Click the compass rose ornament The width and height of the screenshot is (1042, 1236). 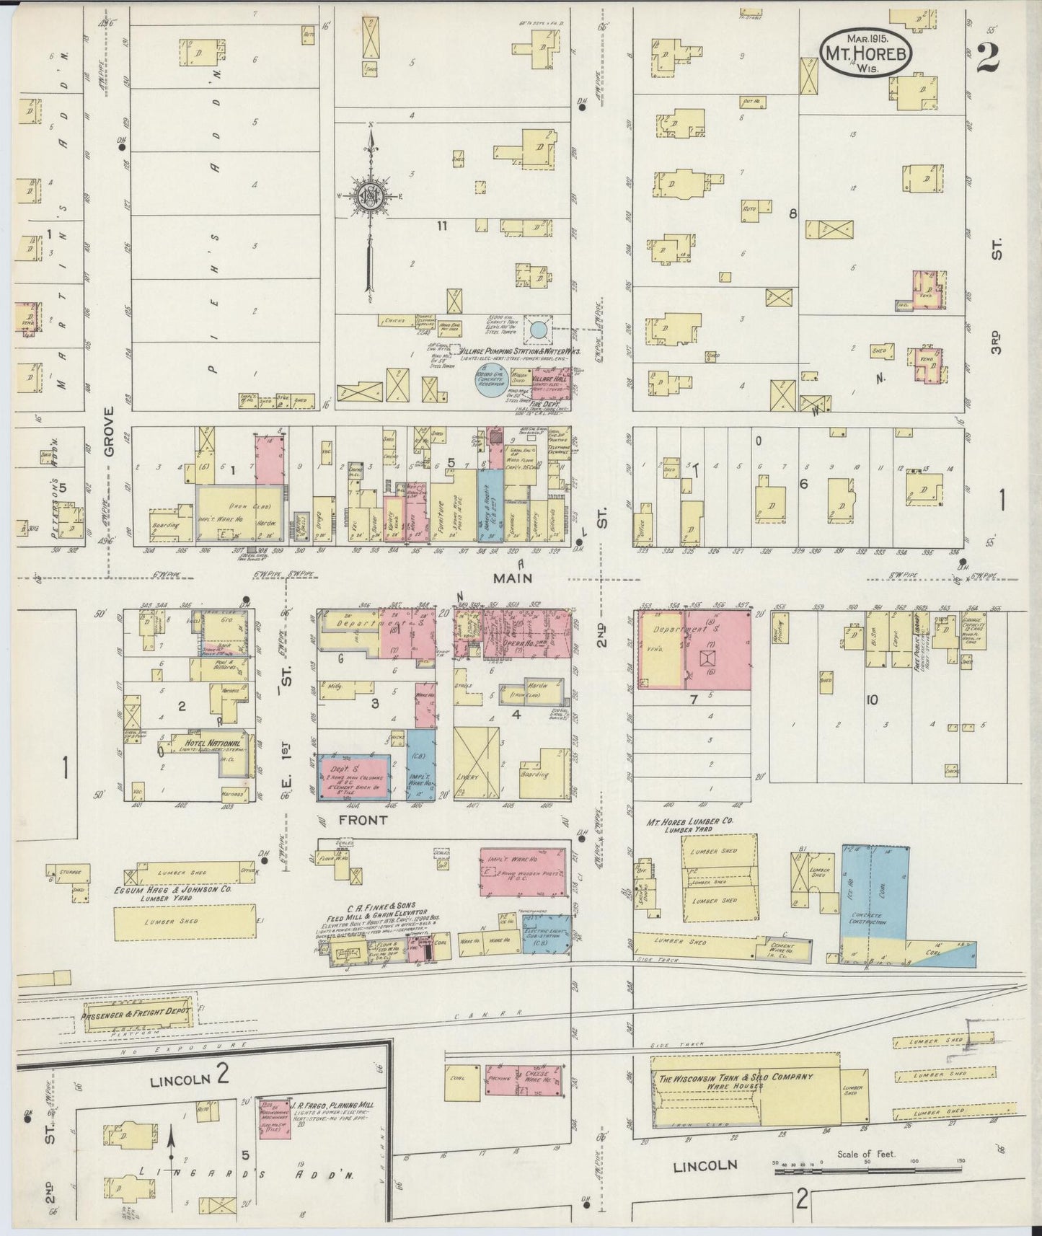[x=371, y=196]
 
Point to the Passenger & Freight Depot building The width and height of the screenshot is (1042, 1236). [x=137, y=1012]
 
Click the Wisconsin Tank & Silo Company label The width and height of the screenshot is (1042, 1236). [x=736, y=1078]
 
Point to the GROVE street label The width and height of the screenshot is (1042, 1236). [x=109, y=431]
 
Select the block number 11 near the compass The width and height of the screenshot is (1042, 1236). [x=441, y=226]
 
